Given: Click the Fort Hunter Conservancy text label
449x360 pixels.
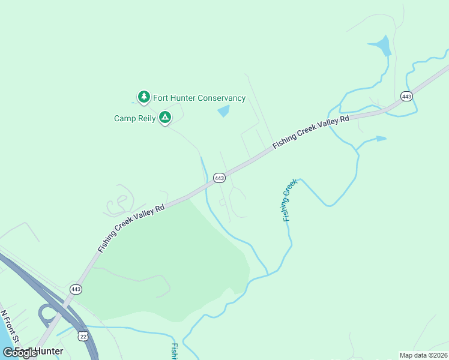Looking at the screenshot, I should (199, 98).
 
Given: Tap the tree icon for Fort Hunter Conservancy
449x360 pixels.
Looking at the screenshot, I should (143, 97).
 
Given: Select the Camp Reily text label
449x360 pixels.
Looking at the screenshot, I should (134, 118).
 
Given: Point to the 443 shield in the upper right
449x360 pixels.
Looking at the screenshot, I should (406, 97).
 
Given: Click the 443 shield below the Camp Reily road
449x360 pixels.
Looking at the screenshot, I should (219, 178).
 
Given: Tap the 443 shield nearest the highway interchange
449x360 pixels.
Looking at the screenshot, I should (76, 289).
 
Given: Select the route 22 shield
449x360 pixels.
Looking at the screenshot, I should (83, 337).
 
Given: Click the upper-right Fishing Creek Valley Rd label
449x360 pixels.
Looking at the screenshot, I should (310, 133).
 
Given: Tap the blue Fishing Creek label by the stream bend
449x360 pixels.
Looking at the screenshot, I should (290, 200).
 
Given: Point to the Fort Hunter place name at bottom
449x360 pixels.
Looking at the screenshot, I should (40, 351).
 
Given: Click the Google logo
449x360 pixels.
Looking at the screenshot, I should (20, 353).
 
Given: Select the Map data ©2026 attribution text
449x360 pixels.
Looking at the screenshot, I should (423, 355).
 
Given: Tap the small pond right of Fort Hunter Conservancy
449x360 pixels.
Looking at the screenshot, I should (223, 111).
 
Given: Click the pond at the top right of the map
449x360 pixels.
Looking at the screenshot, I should (381, 46).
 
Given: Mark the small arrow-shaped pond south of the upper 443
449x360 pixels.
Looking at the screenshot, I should (379, 139).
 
